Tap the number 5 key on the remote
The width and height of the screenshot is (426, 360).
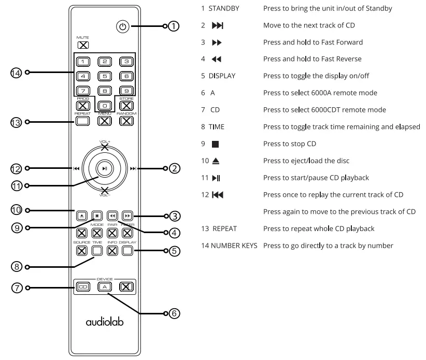coord(104,76)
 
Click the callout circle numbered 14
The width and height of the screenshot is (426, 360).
coord(16,73)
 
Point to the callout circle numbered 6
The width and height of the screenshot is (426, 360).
coord(175,313)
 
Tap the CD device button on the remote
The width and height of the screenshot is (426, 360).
coord(82,286)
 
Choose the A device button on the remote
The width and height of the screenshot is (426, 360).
coord(104,286)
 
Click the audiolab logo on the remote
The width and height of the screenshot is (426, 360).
coord(104,322)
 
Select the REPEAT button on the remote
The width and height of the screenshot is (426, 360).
coord(82,121)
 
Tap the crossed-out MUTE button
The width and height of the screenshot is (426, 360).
coord(82,45)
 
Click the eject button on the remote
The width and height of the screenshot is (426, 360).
coord(82,215)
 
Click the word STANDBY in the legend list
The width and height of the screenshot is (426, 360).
coord(223,9)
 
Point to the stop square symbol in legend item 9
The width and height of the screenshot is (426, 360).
coord(216,144)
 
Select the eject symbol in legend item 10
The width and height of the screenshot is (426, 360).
coord(216,161)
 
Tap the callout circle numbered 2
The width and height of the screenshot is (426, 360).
coord(175,168)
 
